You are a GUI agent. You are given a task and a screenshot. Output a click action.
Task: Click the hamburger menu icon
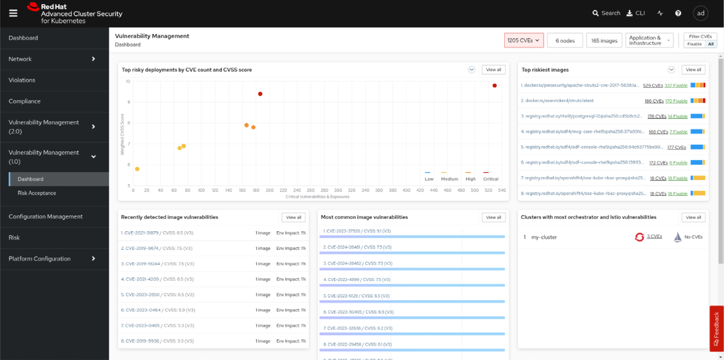pos(13,14)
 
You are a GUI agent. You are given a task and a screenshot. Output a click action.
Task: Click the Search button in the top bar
pos(606,13)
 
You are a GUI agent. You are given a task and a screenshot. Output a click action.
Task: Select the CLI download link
pos(636,13)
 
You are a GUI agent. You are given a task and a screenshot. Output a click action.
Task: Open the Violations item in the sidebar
pos(22,80)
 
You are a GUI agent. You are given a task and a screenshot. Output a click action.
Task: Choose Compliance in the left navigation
pos(24,101)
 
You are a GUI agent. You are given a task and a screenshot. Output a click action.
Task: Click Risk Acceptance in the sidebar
pos(36,193)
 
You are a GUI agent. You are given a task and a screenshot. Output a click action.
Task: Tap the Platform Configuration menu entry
pos(39,259)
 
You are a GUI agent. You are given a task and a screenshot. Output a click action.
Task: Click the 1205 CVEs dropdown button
pos(523,41)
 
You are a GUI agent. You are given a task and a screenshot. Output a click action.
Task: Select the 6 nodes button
pos(565,41)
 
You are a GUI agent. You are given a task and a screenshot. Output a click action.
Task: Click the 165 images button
pos(604,41)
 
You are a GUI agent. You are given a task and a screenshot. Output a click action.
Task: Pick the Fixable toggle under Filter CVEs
pos(694,44)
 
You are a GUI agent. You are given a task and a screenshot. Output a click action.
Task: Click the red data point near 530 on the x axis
pos(495,86)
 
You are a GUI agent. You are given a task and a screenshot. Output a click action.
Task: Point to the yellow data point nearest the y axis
pos(137,169)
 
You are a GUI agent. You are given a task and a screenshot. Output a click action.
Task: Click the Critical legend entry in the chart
pos(490,179)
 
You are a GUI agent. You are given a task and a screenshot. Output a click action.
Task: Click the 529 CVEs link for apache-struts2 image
pos(652,85)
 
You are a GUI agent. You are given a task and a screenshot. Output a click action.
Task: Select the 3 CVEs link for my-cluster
pos(654,236)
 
